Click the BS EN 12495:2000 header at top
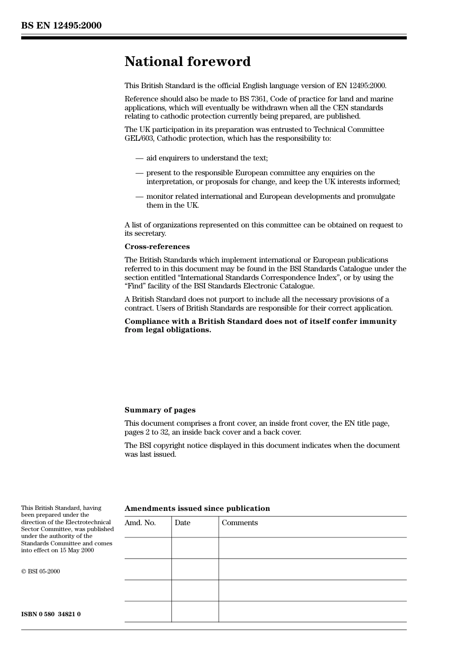[x=61, y=26]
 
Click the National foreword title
[x=187, y=62]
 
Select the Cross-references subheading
[x=157, y=247]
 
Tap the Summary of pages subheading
[x=160, y=410]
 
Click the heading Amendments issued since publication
[x=197, y=508]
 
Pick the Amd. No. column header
[x=140, y=523]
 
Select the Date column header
[x=182, y=523]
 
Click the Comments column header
[x=239, y=523]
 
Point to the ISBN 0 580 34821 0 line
[x=51, y=614]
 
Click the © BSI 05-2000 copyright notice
[x=40, y=571]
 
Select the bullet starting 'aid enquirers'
[x=207, y=158]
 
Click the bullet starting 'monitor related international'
[x=270, y=196]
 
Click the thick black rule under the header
[x=214, y=38]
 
